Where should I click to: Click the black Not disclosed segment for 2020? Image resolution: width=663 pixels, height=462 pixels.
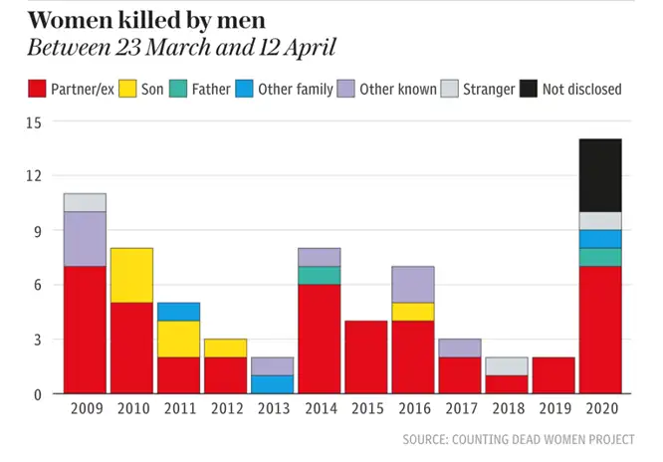pos(599,175)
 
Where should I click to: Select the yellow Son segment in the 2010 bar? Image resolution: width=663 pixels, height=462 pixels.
pos(131,276)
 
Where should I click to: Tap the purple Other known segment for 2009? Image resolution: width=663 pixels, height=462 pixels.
pos(85,239)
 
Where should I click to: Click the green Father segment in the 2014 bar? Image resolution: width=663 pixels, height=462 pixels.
pos(319,276)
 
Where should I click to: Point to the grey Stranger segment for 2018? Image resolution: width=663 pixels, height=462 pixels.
pos(506,366)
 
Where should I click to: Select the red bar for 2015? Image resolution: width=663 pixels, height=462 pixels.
pos(365,357)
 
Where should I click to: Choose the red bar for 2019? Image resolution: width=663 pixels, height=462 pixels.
pos(552,375)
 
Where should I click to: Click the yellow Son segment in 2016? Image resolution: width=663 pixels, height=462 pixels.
pos(412,312)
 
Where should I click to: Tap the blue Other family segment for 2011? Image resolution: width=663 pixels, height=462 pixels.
pos(178,312)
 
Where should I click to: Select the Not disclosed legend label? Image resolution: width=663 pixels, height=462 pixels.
pos(581,90)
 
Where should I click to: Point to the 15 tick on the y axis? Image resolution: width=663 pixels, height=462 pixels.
pos(36,121)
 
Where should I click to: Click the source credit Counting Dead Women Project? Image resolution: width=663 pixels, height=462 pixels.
pos(517,439)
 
